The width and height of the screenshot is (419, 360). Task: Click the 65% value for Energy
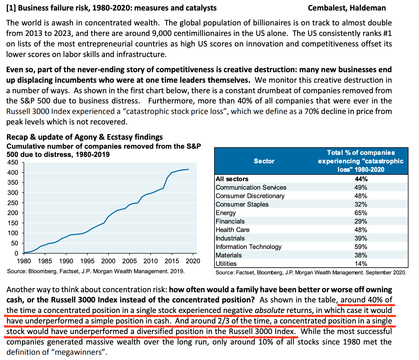(x=361, y=213)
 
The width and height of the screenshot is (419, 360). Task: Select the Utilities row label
(x=226, y=264)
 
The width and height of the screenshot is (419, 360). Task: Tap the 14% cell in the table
(x=361, y=264)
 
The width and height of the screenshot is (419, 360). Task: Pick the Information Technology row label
(x=248, y=247)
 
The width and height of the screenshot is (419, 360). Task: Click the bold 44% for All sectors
(x=361, y=179)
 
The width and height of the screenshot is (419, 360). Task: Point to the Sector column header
(x=264, y=161)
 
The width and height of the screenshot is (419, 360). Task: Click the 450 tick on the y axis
(x=14, y=162)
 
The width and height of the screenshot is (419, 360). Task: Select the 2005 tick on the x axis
(x=129, y=261)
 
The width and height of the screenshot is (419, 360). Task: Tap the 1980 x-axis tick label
(x=24, y=261)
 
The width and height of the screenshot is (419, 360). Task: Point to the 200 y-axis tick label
(x=14, y=213)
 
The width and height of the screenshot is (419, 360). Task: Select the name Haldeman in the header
(x=368, y=8)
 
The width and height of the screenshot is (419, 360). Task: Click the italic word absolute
(x=269, y=310)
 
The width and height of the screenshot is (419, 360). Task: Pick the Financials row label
(x=230, y=221)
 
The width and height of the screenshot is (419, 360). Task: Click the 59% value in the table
(x=361, y=247)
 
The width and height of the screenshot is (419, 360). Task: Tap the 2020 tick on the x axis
(x=193, y=261)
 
